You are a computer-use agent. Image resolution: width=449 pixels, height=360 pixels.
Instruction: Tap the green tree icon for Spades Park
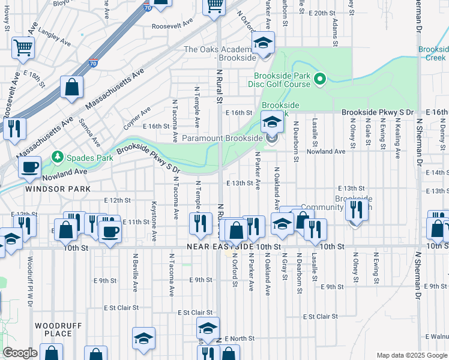click(x=58, y=158)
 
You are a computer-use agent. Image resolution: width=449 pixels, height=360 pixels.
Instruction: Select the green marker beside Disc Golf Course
click(x=320, y=78)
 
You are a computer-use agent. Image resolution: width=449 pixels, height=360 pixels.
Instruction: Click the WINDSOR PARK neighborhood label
click(x=58, y=188)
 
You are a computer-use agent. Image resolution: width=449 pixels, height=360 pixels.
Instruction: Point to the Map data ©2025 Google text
click(x=411, y=355)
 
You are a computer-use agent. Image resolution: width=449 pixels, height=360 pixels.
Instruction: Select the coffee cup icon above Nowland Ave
click(x=29, y=167)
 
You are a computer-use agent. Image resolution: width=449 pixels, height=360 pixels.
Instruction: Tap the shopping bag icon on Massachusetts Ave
click(x=72, y=87)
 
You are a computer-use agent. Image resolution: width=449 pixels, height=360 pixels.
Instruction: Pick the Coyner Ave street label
click(x=137, y=118)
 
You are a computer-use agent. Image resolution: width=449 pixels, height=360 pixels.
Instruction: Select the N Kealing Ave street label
click(x=397, y=138)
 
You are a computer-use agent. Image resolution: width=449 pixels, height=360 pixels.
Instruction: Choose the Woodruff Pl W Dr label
click(x=29, y=282)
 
